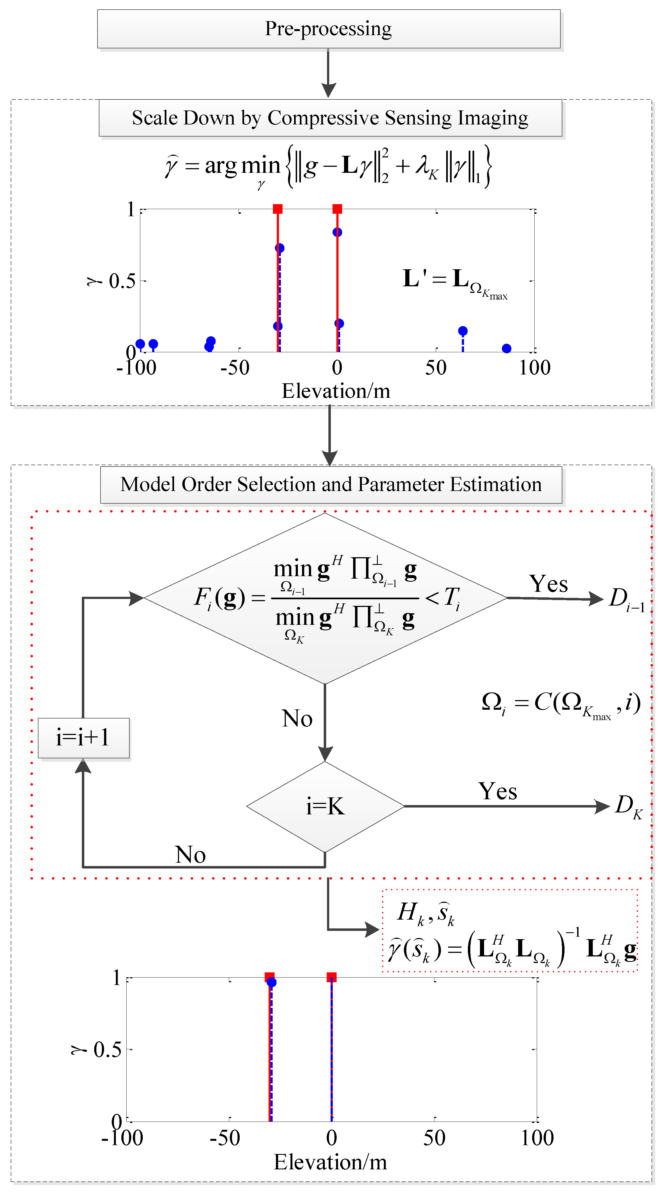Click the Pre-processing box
(329, 29)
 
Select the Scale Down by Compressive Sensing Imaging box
(330, 118)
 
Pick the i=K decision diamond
(325, 806)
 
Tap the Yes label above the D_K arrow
(498, 791)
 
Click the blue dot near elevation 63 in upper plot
(463, 331)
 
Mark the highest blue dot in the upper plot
(337, 232)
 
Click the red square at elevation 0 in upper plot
(337, 209)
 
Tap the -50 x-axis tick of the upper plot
(235, 368)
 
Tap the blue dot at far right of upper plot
(506, 348)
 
